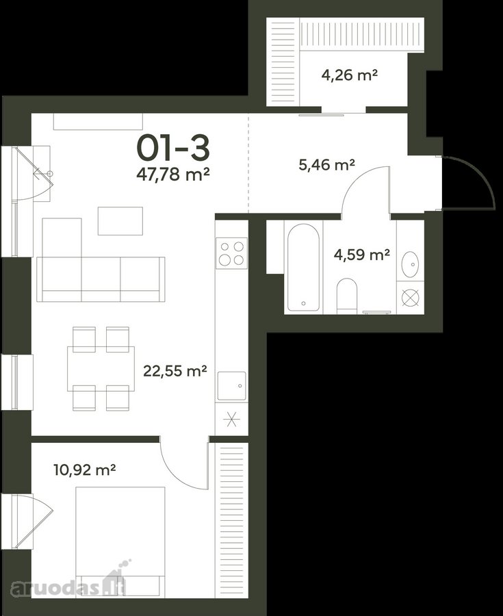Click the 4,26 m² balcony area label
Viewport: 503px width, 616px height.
tap(350, 74)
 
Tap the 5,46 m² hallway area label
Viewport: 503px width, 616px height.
tap(326, 164)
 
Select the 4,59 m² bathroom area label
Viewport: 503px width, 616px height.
tap(361, 255)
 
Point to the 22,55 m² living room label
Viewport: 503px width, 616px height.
tap(175, 370)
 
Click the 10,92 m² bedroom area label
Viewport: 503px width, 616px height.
tap(84, 470)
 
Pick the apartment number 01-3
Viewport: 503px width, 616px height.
tap(173, 149)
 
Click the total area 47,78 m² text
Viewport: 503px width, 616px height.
tap(172, 174)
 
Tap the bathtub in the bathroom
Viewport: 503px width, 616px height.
tap(303, 267)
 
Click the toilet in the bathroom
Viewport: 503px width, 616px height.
tap(347, 296)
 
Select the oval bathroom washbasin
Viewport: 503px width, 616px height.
tap(410, 264)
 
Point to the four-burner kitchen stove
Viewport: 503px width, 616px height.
tap(232, 253)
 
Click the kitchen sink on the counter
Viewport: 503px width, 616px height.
tap(232, 386)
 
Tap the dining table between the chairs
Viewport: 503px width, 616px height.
tap(101, 368)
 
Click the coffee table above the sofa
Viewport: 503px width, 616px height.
tap(120, 221)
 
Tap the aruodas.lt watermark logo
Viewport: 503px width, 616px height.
tap(68, 585)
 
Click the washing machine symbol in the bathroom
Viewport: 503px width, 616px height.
tap(410, 298)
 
